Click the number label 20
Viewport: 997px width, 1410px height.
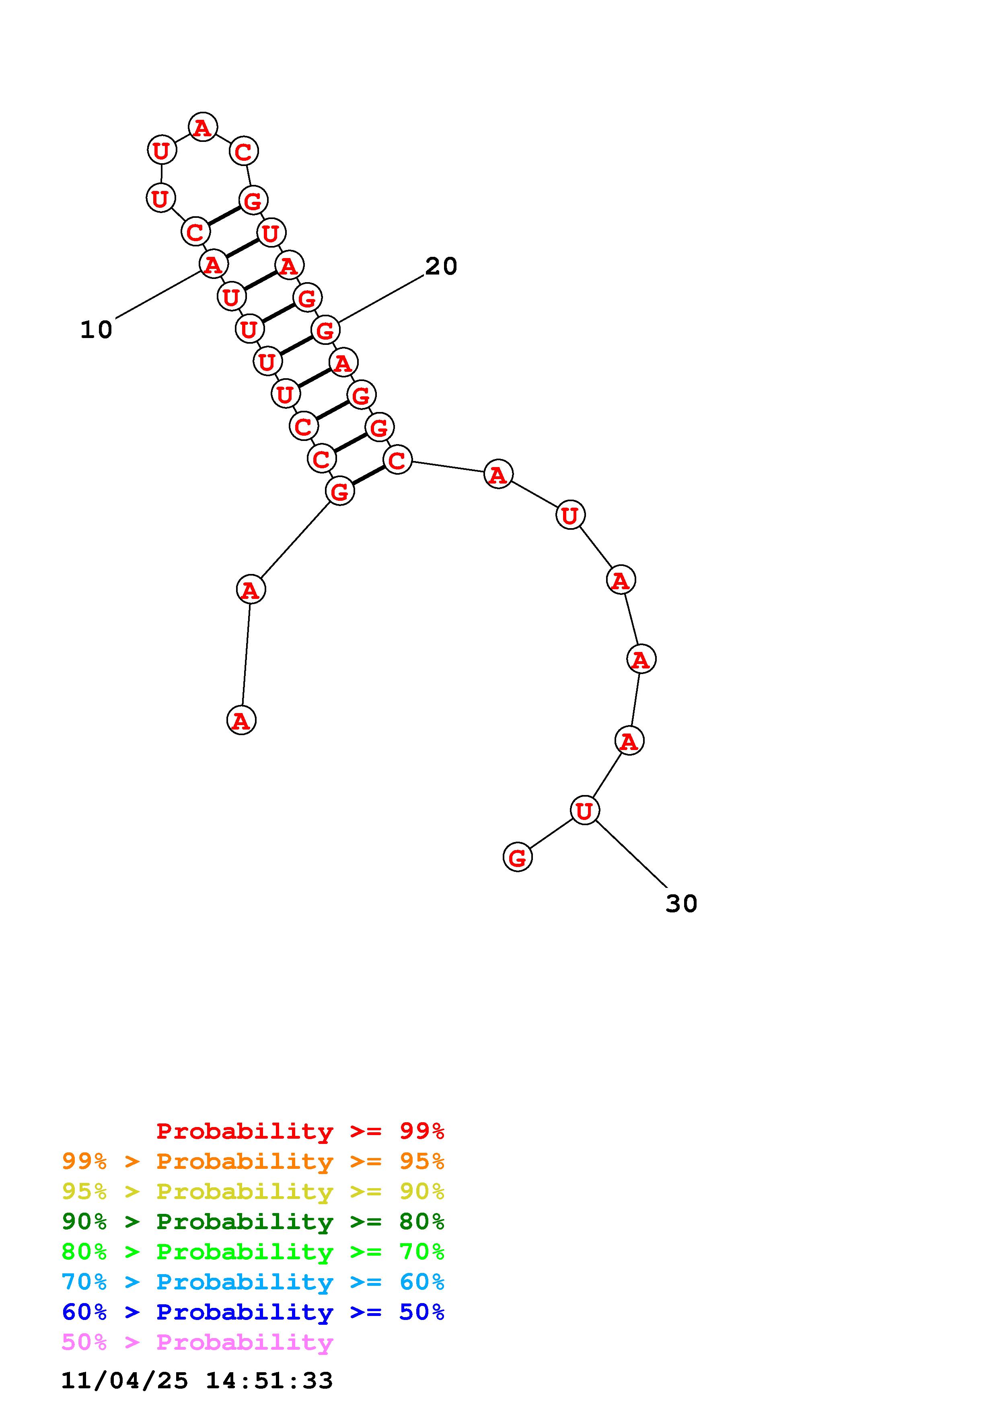pos(441,266)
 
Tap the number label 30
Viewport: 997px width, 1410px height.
pos(681,904)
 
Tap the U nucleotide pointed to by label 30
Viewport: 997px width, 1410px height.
pos(584,810)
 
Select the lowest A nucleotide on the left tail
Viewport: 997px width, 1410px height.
pos(241,720)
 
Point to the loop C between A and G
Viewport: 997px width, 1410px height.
pos(244,151)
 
